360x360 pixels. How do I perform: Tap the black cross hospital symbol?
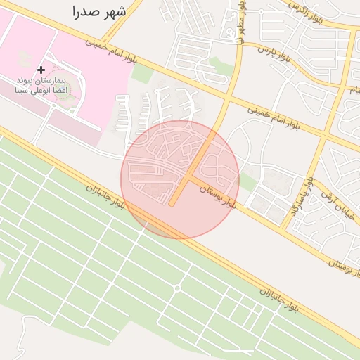click(41, 70)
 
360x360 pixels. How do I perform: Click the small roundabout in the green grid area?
click(177, 288)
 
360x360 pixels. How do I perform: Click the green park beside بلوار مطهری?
click(221, 67)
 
